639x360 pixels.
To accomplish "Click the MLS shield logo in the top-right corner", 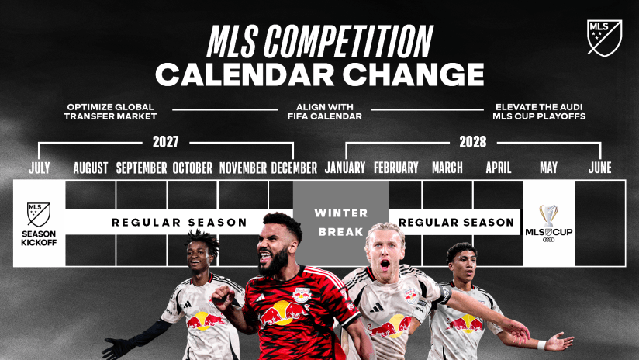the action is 604,37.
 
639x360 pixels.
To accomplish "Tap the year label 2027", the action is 165,142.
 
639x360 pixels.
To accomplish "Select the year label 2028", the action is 473,142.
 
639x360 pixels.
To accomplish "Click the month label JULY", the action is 39,168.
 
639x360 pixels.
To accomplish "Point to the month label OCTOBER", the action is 192,168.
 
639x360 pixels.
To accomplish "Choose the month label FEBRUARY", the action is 396,168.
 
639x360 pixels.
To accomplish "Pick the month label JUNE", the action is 599,168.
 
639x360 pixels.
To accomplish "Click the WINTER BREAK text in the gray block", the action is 340,222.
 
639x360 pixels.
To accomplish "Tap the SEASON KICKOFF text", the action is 39,238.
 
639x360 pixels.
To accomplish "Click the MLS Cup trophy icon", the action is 548,216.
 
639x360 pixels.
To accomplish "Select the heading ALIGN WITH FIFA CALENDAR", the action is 324,112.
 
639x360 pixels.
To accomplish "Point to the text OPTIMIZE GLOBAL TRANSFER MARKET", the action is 110,112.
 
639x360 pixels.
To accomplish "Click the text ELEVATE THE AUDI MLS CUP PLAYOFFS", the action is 539,112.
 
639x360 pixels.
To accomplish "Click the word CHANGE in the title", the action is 413,74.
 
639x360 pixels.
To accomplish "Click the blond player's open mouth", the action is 385,265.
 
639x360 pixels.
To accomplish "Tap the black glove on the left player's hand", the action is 116,347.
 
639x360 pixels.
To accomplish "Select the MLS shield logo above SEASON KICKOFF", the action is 39,214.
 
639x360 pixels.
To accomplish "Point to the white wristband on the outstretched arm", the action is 541,345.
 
